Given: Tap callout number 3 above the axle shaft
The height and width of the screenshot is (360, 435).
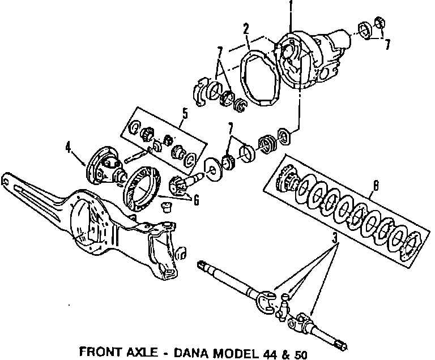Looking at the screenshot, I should point(336,239).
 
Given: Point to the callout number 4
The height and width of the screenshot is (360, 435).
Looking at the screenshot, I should point(69,149).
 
